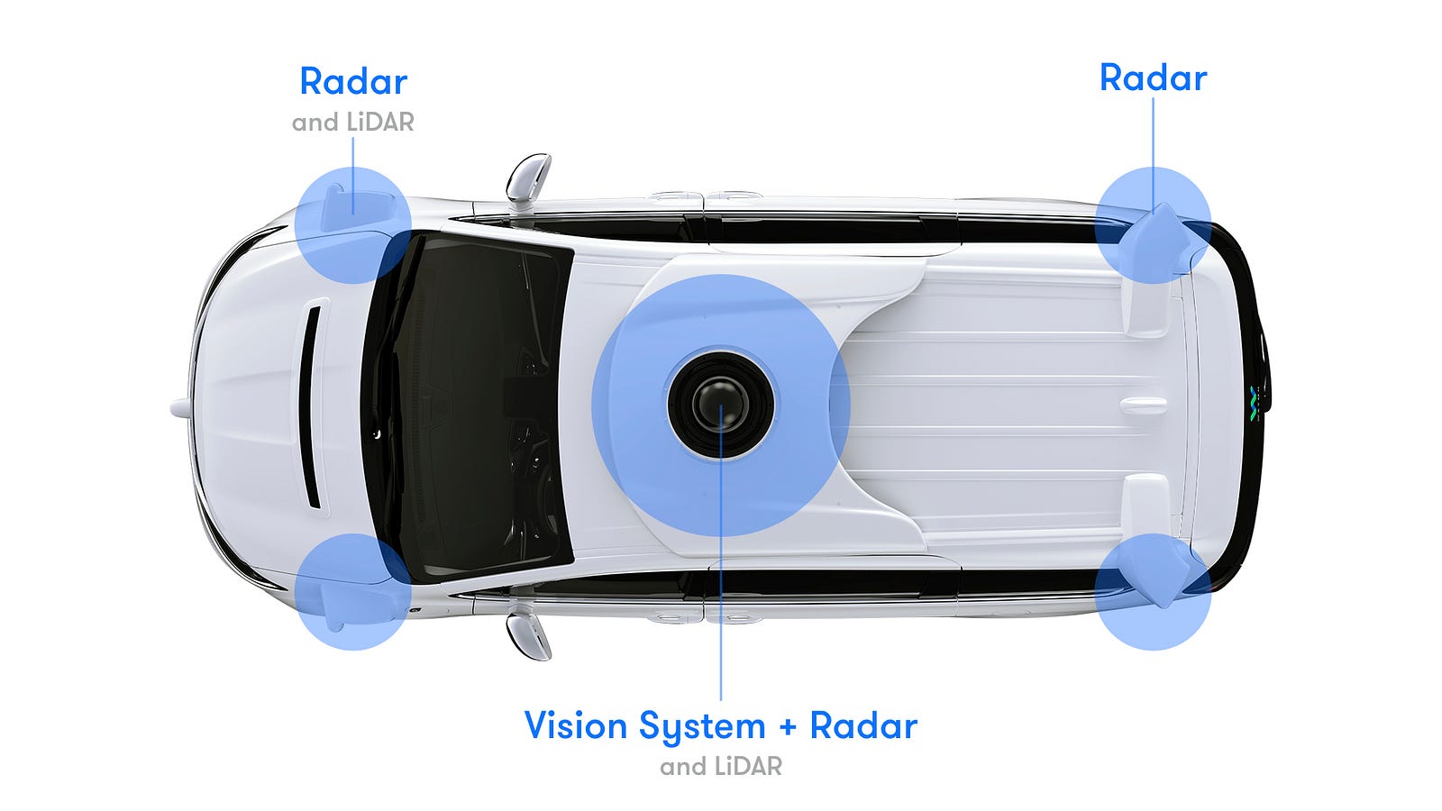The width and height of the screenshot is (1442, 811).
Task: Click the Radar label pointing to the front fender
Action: (x=353, y=82)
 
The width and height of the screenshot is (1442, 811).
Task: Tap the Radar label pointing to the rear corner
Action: (x=1153, y=78)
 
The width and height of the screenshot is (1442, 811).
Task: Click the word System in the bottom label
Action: (x=702, y=727)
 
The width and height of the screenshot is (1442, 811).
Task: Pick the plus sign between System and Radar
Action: (x=788, y=727)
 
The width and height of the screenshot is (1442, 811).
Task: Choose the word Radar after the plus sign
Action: (x=863, y=725)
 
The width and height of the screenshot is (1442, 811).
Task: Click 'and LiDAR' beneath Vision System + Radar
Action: (x=721, y=767)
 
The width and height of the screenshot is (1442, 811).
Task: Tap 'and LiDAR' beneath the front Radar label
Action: (x=352, y=123)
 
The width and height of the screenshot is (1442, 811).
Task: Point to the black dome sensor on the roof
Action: (x=721, y=405)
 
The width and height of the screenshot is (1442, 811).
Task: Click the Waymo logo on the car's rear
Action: (x=1254, y=404)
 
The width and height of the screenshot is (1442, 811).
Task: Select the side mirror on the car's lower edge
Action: (x=528, y=636)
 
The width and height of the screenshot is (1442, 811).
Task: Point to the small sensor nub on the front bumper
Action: (x=179, y=407)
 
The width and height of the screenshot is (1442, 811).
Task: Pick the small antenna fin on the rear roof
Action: (x=1144, y=405)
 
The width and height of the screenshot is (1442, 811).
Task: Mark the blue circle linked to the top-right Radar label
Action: (x=1153, y=225)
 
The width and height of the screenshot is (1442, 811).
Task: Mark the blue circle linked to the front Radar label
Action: (x=352, y=225)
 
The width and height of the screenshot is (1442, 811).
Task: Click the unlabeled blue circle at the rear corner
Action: (x=1153, y=591)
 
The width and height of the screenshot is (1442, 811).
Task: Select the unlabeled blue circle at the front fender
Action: (x=352, y=591)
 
